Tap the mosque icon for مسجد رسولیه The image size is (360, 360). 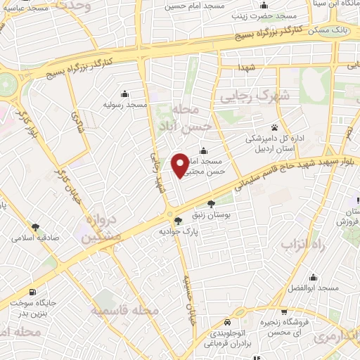click(x=125, y=94)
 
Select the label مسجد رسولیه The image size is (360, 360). click(x=125, y=105)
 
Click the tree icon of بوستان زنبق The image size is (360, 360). click(x=210, y=204)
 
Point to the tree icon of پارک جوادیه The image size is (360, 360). click(x=176, y=221)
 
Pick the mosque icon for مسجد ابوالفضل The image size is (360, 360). click(x=312, y=277)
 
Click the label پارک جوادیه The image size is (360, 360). click(x=175, y=231)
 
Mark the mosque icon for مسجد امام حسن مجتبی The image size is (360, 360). click(x=203, y=150)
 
